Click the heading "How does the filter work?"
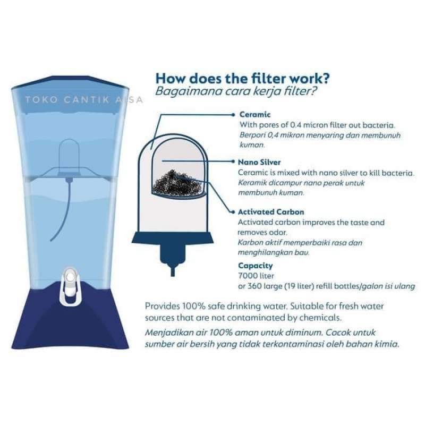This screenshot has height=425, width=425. (242, 79)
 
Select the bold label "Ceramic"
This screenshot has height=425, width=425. (254, 114)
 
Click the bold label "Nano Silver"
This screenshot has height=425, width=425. (260, 163)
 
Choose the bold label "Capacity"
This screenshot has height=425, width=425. (256, 266)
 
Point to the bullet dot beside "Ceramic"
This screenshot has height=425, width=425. (234, 114)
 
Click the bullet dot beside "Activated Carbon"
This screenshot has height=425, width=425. (234, 211)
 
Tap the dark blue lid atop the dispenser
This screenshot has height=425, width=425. (71, 82)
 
